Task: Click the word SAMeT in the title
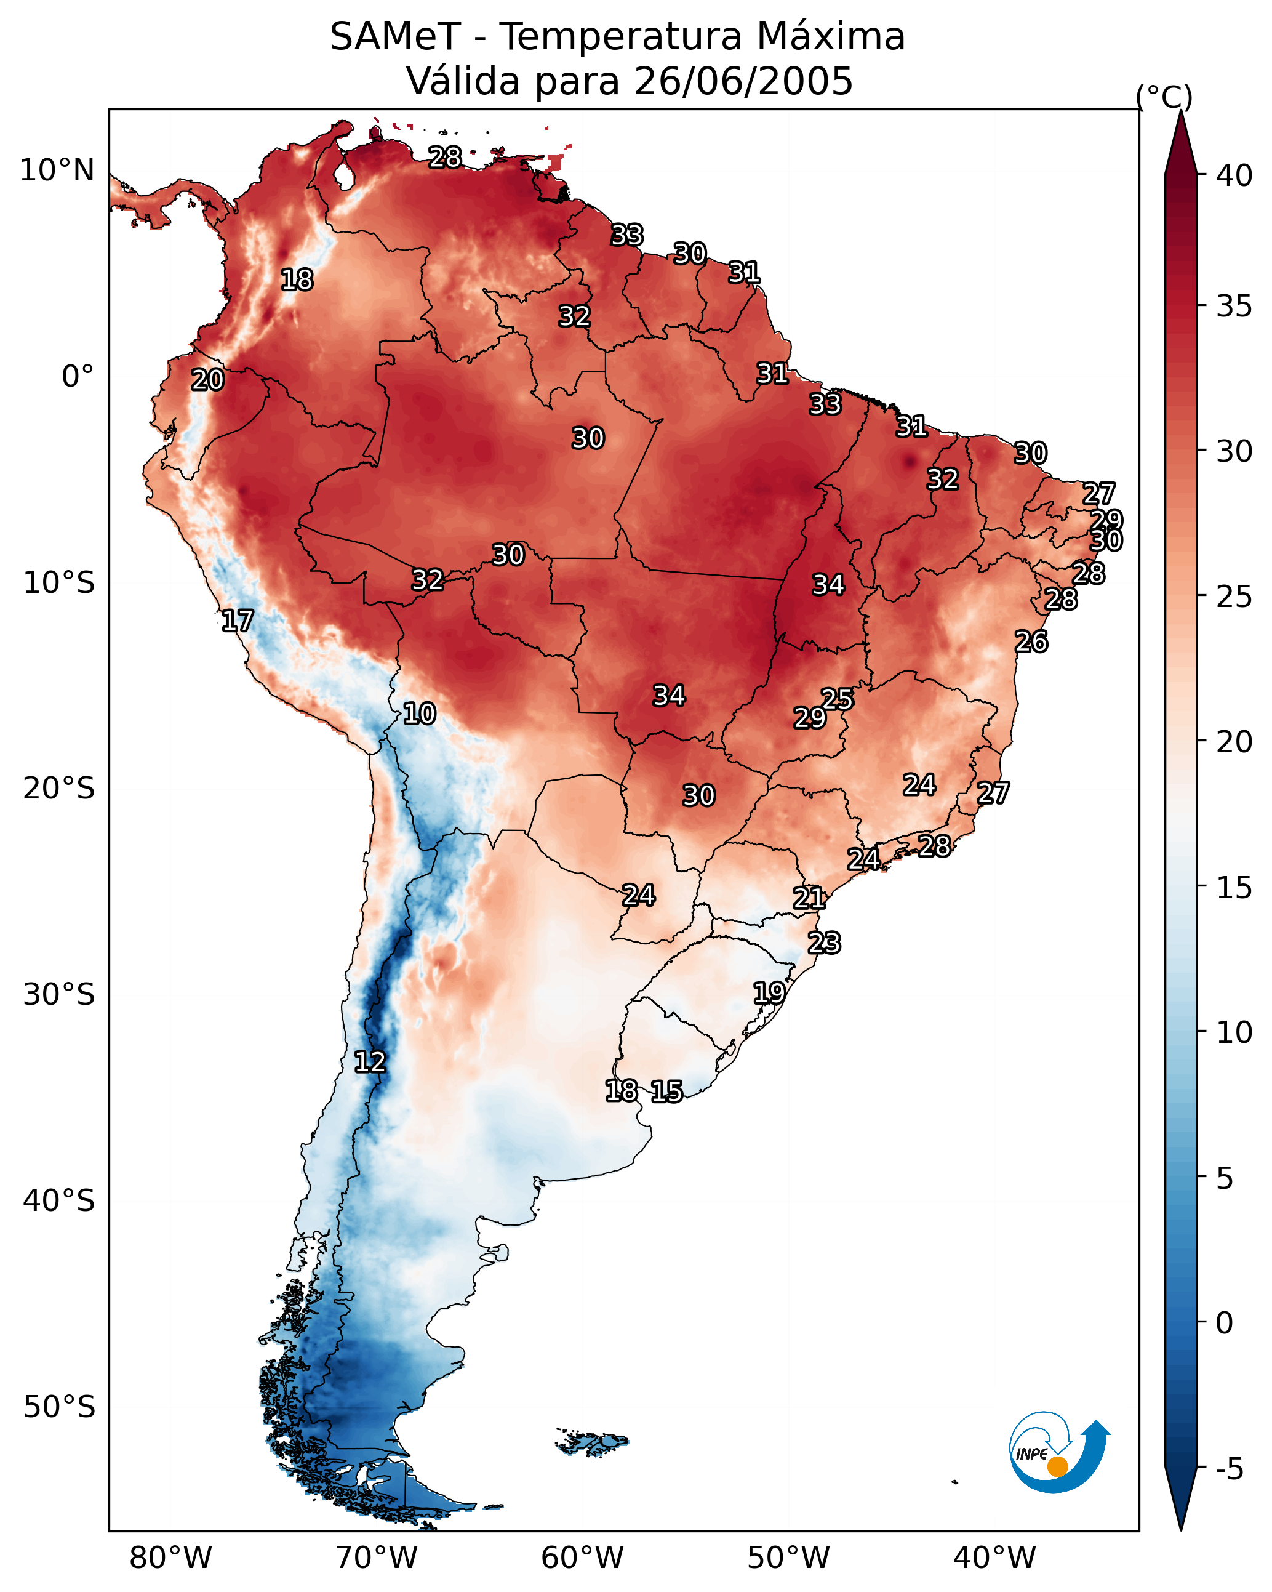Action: (x=395, y=37)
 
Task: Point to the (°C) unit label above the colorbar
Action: (x=1164, y=97)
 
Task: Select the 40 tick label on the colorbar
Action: (x=1234, y=175)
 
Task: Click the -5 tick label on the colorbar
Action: (x=1229, y=1469)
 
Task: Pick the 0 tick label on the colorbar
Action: (x=1224, y=1322)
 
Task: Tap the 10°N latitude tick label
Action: (x=57, y=171)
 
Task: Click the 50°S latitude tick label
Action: (x=59, y=1407)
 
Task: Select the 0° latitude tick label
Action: (x=78, y=377)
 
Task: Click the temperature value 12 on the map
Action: (x=370, y=1063)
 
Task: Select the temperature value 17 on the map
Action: (x=238, y=621)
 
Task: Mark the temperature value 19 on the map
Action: (x=769, y=992)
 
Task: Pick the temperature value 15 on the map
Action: (x=666, y=1091)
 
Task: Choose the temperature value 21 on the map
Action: (x=809, y=898)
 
